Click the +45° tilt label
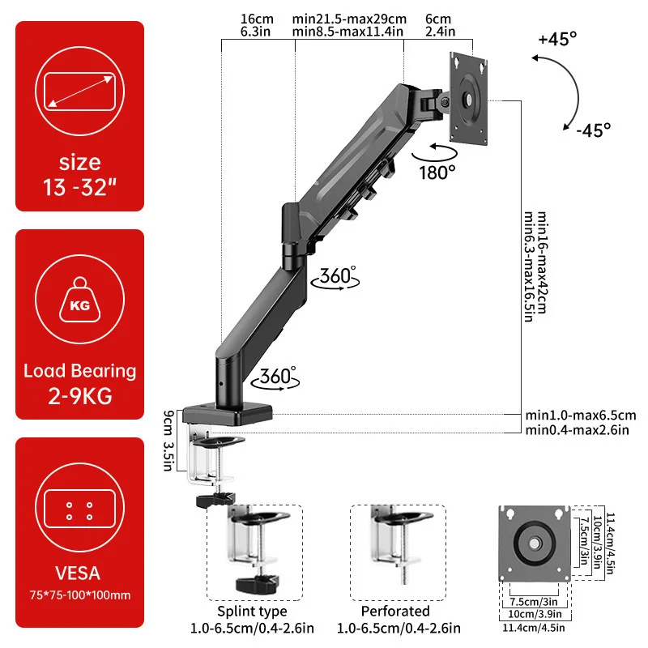point(557,38)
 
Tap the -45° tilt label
point(593,129)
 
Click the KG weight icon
point(79,305)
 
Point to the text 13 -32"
point(79,189)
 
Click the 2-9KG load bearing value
point(79,397)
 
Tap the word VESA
point(79,573)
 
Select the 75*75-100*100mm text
point(79,595)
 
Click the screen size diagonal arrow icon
point(79,89)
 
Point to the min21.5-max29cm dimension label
point(349,18)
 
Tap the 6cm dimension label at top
point(437,18)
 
